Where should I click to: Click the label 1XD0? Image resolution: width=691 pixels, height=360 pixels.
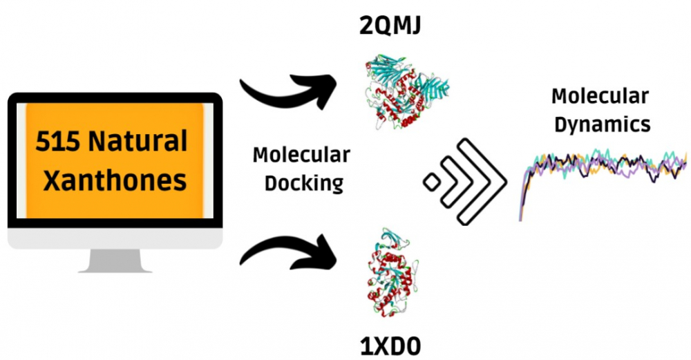tap(391, 343)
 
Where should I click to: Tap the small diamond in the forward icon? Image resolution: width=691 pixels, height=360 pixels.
tap(433, 182)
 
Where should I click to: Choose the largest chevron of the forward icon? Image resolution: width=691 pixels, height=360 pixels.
tap(484, 182)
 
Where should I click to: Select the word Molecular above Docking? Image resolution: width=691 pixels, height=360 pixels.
tap(301, 155)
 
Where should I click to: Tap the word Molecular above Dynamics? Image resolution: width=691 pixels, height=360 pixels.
tap(600, 96)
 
